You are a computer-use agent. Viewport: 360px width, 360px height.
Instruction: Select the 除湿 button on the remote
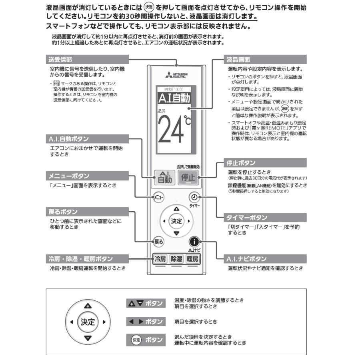tap(176, 258)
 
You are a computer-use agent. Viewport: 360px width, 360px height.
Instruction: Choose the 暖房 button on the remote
tap(192, 258)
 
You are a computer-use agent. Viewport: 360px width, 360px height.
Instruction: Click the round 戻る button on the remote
tap(159, 242)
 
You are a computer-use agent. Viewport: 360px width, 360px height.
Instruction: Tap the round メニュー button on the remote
tap(159, 197)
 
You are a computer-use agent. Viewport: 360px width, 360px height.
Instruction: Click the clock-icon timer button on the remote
tap(194, 197)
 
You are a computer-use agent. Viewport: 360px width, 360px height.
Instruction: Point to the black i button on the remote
tap(194, 241)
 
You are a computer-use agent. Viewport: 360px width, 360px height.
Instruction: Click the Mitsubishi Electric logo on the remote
tap(176, 76)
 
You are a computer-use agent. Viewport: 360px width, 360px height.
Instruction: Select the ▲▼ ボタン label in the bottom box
tap(146, 303)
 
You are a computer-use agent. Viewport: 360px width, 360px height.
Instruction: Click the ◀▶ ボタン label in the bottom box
tap(146, 322)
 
